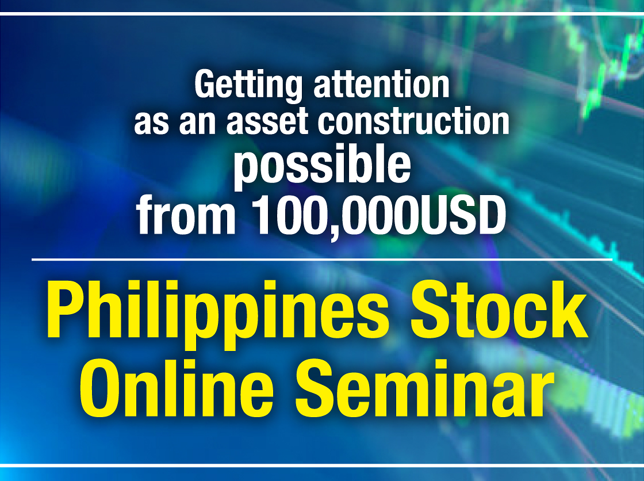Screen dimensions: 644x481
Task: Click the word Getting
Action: [x=248, y=86]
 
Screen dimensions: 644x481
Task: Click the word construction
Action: [x=413, y=121]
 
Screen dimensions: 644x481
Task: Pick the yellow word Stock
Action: [x=499, y=309]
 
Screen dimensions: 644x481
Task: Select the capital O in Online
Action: [x=104, y=388]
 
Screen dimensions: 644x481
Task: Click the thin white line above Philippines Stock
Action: [x=322, y=259]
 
